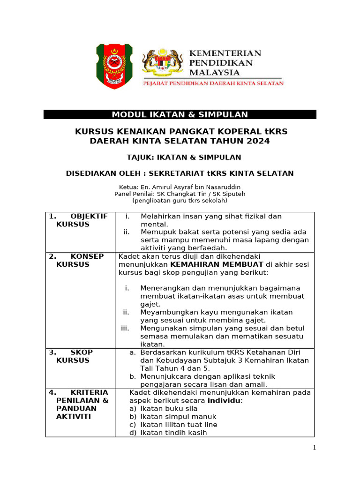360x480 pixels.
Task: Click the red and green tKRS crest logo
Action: click(x=114, y=66)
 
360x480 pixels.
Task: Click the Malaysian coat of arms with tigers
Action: click(x=163, y=63)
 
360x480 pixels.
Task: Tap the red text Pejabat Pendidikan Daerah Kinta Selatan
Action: click(x=213, y=83)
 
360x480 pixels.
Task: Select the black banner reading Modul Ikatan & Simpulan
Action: click(x=180, y=115)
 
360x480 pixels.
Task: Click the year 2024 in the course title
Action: click(x=259, y=141)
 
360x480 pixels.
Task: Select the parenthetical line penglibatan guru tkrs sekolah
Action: click(x=180, y=200)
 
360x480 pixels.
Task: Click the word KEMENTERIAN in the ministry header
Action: click(x=225, y=53)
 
